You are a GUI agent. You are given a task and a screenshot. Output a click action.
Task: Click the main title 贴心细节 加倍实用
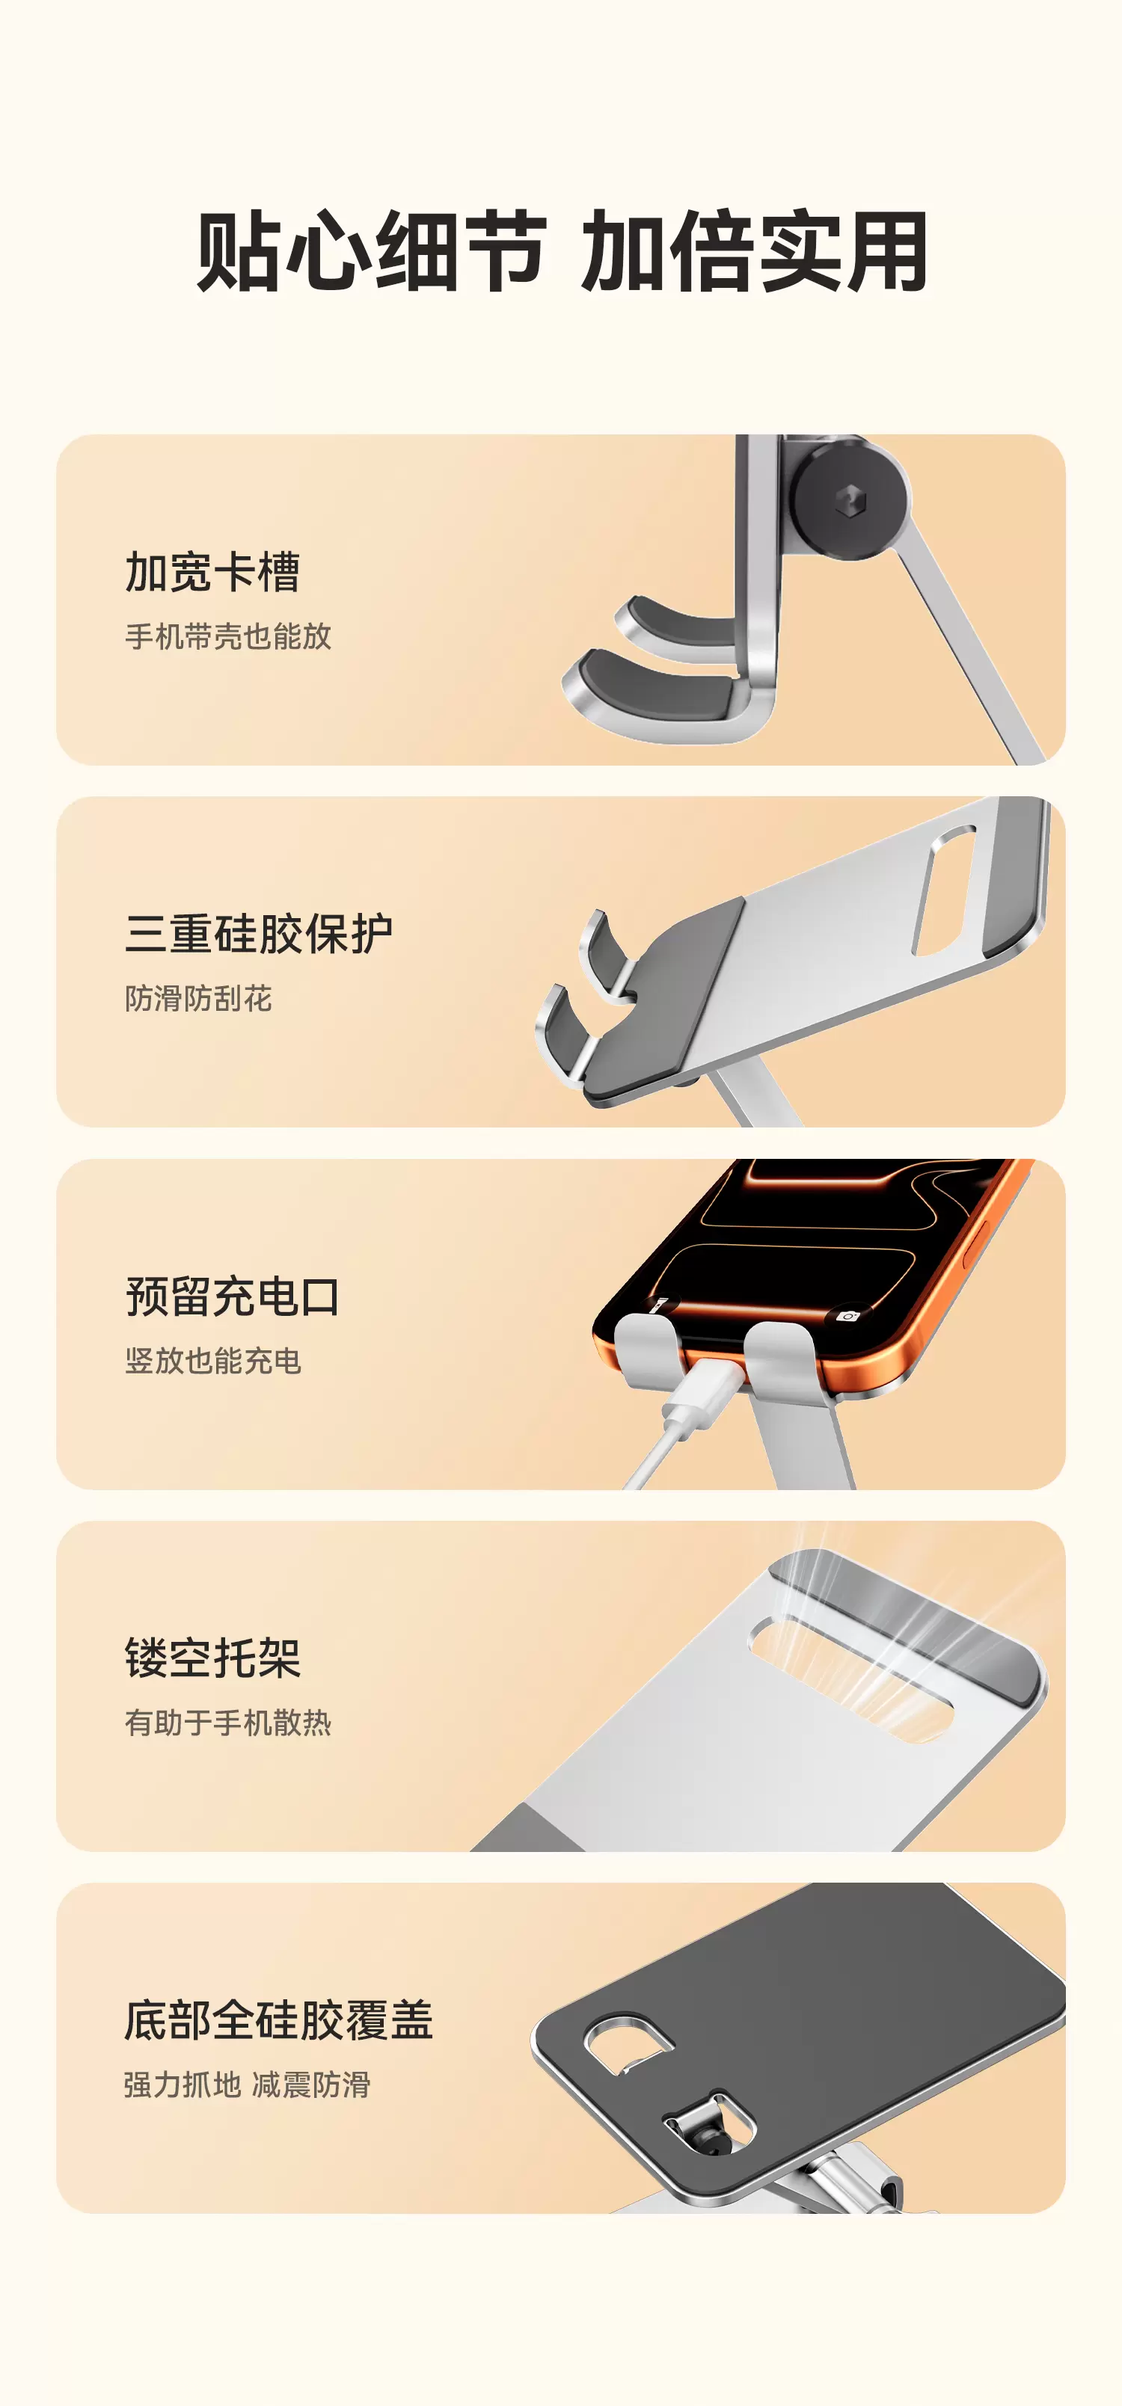pos(562,251)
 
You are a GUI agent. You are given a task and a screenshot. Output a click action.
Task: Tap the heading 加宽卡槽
pos(212,573)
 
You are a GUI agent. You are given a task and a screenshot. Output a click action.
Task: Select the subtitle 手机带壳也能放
pos(228,636)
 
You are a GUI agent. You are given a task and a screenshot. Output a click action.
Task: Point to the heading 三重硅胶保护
pos(258,934)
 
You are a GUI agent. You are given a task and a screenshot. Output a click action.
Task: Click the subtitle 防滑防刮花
pos(198,998)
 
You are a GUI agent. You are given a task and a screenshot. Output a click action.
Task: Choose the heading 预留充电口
pos(233,1296)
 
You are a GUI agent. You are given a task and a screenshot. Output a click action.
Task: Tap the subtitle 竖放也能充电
pos(213,1361)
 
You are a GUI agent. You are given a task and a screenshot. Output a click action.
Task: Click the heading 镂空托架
pos(212,1658)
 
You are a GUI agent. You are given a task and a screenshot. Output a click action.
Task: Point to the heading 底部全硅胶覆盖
pos(278,2020)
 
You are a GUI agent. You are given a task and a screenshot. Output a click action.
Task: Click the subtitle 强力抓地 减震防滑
pos(248,2085)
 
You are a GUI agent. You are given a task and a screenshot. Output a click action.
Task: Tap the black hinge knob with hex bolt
pos(849,501)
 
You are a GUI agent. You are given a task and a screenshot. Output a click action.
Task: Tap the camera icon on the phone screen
pos(847,1316)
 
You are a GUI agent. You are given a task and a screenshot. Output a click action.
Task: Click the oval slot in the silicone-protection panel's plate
pos(943,890)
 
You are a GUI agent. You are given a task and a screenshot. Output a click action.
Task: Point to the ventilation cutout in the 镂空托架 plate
pos(850,1678)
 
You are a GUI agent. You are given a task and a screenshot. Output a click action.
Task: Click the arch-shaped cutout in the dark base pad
pos(628,2043)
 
